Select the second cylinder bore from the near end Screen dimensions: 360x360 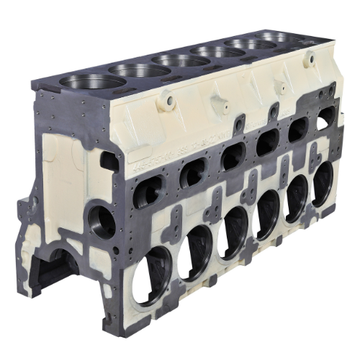coord(139,71)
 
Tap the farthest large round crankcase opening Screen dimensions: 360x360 coord(323,183)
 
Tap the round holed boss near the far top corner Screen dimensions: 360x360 coord(310,60)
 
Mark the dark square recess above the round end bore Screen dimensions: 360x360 coord(110,161)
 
